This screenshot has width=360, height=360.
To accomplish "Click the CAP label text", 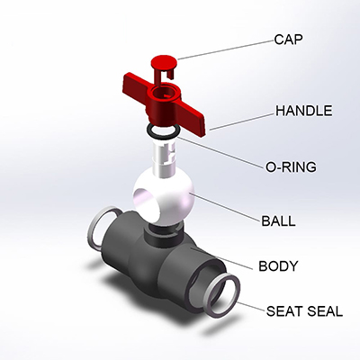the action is point(288,40).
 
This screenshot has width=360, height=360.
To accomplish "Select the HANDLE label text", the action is point(304,111).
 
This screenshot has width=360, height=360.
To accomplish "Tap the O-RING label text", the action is point(291,166).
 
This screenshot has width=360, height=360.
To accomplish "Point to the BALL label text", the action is point(278,221).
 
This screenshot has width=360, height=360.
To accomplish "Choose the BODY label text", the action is point(278,266).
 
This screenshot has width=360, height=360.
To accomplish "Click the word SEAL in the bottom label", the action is point(325,311).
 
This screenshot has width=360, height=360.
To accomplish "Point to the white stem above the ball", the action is point(164,158).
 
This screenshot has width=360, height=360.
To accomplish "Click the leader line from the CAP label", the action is point(225,49).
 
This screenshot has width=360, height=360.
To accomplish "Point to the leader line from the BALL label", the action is point(227,207).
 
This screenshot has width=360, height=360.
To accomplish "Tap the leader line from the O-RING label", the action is point(221,152).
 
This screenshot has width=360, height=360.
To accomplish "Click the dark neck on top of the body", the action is point(162,234).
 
